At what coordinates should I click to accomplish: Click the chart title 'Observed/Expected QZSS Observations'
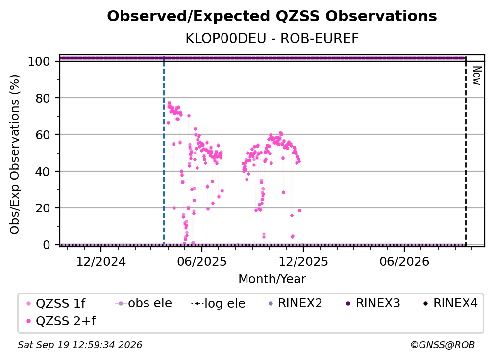[x=272, y=16]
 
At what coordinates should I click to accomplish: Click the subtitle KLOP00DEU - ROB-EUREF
[x=272, y=38]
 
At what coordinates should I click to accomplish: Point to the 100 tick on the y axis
[x=39, y=61]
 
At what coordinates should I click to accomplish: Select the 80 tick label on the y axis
[x=43, y=98]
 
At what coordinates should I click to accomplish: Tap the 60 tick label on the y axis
[x=43, y=135]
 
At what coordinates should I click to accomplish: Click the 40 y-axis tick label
[x=43, y=172]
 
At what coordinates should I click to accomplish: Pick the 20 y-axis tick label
[x=43, y=208]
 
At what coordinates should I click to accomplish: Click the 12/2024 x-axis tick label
[x=101, y=261]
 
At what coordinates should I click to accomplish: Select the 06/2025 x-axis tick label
[x=202, y=261]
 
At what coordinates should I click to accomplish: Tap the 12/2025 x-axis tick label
[x=303, y=261]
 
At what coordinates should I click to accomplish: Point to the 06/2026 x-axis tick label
[x=404, y=261]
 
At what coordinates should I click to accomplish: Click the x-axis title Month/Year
[x=272, y=279]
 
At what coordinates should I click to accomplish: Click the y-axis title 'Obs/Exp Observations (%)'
[x=15, y=154]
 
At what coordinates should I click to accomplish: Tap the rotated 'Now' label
[x=477, y=76]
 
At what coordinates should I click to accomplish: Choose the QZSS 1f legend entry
[x=55, y=303]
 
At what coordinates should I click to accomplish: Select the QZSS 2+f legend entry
[x=61, y=321]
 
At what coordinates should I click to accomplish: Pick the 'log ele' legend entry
[x=218, y=303]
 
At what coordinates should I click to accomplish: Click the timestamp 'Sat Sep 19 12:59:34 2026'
[x=80, y=345]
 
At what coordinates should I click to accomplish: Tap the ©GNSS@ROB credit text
[x=443, y=345]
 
